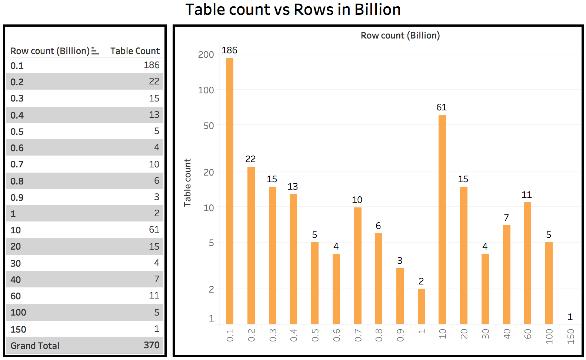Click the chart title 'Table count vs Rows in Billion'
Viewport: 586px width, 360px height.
point(293,10)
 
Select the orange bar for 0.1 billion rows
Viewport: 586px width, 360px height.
point(230,191)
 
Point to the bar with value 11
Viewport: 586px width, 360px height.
point(527,263)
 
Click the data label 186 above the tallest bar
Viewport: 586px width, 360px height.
point(229,50)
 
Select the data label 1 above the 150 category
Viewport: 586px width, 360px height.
point(570,317)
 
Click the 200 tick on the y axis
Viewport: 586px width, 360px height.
point(206,55)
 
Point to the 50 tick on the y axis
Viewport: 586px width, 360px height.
point(209,126)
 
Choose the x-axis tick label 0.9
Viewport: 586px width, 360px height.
point(400,335)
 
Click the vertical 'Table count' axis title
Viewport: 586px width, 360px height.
point(187,182)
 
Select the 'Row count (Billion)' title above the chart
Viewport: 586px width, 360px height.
point(400,36)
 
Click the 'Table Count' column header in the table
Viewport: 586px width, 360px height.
point(135,51)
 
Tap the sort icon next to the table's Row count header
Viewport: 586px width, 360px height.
point(95,51)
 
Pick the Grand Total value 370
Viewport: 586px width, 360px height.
point(152,345)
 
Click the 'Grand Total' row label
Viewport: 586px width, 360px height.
point(35,346)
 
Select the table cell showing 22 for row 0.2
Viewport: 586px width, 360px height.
point(154,81)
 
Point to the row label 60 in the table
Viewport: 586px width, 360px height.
point(16,296)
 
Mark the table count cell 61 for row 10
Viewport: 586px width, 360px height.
point(154,230)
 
